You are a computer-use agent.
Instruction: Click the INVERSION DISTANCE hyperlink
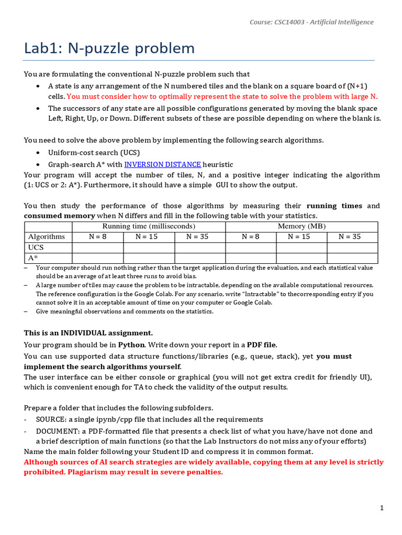162,165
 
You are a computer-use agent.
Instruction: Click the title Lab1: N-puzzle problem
109,49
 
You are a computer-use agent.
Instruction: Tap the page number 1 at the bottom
382,508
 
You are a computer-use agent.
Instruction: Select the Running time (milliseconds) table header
149,226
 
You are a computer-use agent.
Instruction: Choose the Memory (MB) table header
301,226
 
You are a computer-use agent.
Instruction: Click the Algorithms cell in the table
47,237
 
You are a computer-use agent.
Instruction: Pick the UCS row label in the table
36,247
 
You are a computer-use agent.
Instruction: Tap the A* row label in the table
32,258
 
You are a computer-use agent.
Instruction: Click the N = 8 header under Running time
98,237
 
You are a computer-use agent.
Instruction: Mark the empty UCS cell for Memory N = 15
301,247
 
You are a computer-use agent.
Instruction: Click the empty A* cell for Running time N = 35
200,258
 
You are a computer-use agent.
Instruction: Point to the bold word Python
131,345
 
